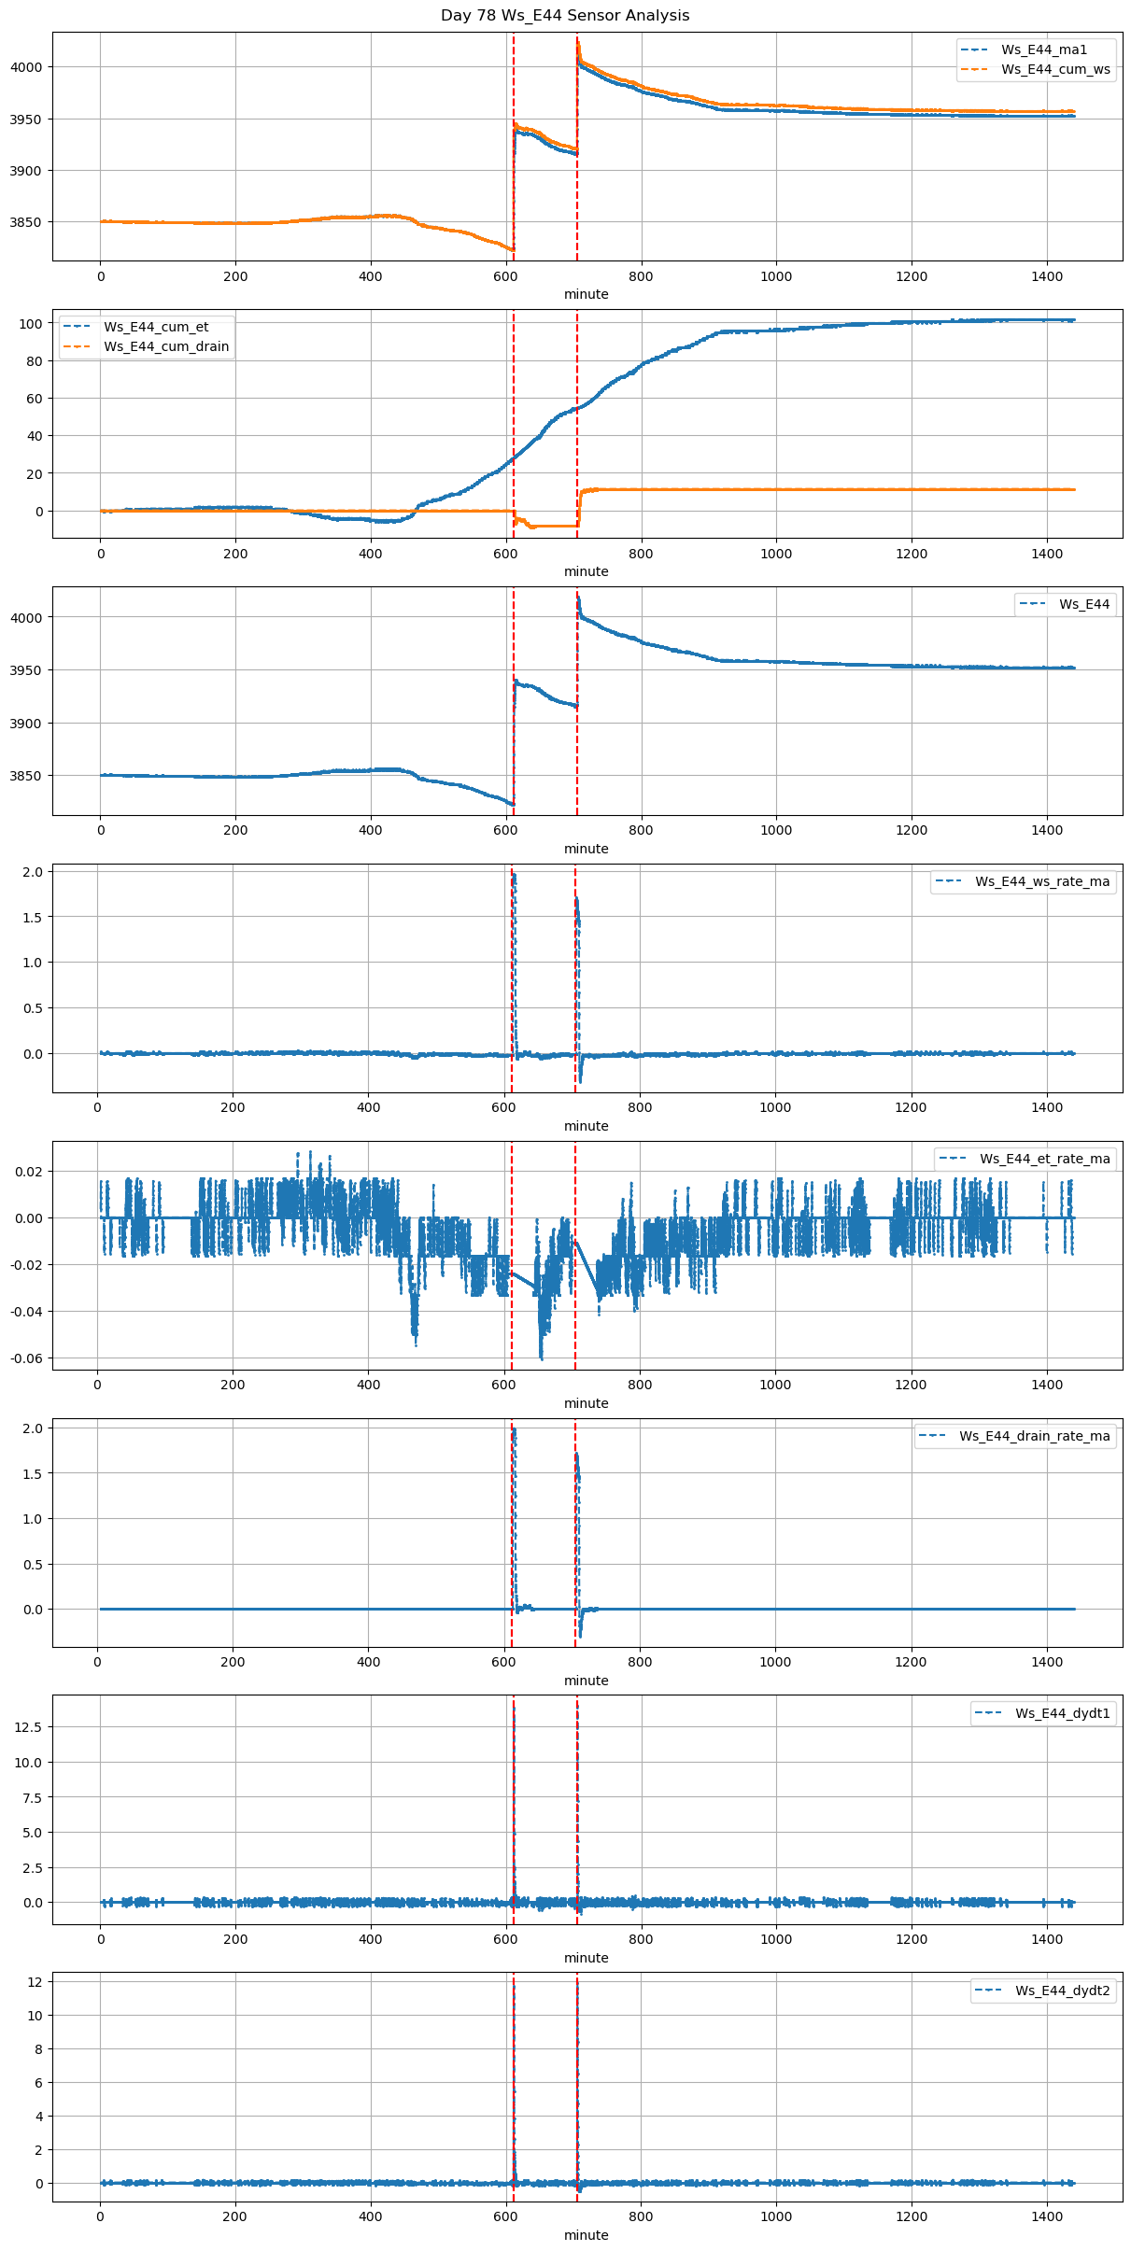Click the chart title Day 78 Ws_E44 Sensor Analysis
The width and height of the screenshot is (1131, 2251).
[565, 16]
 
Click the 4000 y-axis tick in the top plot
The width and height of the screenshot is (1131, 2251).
[26, 67]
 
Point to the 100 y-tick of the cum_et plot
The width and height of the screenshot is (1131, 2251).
[32, 324]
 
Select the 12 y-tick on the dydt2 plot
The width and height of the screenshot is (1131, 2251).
[35, 1981]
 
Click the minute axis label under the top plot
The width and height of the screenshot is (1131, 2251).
[586, 294]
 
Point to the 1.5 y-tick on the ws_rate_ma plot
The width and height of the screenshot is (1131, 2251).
[32, 917]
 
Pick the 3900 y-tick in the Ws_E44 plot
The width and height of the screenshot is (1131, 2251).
[26, 724]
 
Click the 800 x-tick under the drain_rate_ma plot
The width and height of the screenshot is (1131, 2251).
[640, 1662]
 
